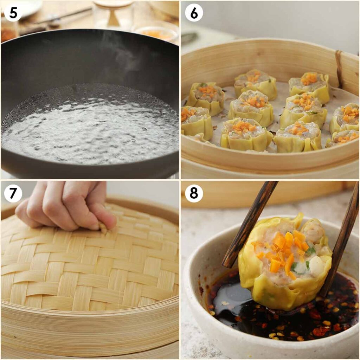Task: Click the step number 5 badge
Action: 13,13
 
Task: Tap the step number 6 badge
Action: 194,13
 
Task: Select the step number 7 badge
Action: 13,194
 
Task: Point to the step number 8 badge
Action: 194,194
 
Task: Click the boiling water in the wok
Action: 90,130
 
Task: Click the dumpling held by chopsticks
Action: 285,260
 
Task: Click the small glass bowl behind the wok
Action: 156,33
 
